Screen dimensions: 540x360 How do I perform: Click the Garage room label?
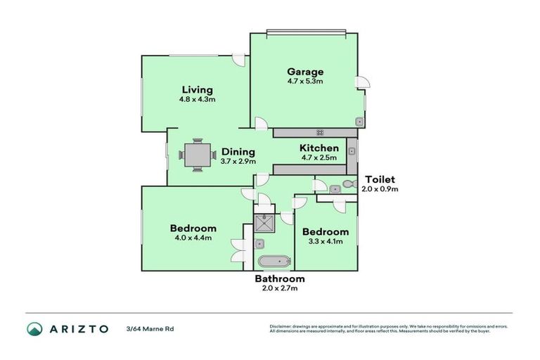point(305,72)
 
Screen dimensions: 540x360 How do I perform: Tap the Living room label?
point(198,89)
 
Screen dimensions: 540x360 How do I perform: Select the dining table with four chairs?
point(198,155)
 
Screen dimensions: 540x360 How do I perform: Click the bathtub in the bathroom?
point(274,262)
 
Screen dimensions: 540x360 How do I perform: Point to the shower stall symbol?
point(264,223)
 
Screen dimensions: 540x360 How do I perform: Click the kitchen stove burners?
point(320,133)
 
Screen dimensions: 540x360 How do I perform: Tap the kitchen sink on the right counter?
point(352,151)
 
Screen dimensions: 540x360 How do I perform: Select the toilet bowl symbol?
point(351,184)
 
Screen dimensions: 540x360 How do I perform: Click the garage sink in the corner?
point(359,122)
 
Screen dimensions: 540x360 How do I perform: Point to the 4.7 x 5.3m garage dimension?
point(305,82)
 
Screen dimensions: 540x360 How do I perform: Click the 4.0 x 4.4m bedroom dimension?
point(193,238)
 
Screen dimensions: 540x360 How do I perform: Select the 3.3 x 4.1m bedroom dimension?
point(326,241)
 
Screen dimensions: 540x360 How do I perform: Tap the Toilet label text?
point(380,179)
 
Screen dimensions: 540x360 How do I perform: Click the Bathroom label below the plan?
point(280,278)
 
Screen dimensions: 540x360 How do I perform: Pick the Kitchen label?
point(319,148)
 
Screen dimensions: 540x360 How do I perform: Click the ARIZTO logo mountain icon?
point(34,329)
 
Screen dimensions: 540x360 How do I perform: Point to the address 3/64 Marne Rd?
point(150,329)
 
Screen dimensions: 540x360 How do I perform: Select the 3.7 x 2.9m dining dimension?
point(238,161)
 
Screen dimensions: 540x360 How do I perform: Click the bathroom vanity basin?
point(259,244)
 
